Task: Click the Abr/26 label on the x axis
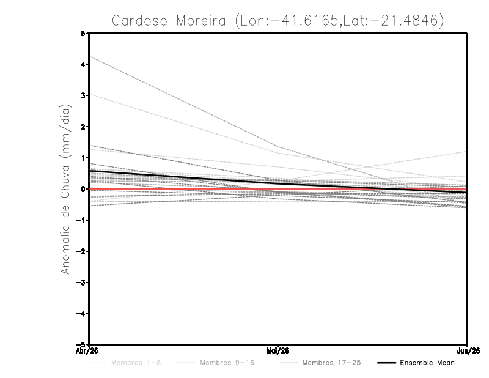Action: pyautogui.click(x=90, y=350)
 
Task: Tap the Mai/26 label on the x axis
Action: pyautogui.click(x=278, y=350)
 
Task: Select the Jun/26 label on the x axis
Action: pyautogui.click(x=467, y=350)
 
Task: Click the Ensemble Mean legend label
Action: pyautogui.click(x=427, y=363)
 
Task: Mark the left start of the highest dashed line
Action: pyautogui.click(x=90, y=56)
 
